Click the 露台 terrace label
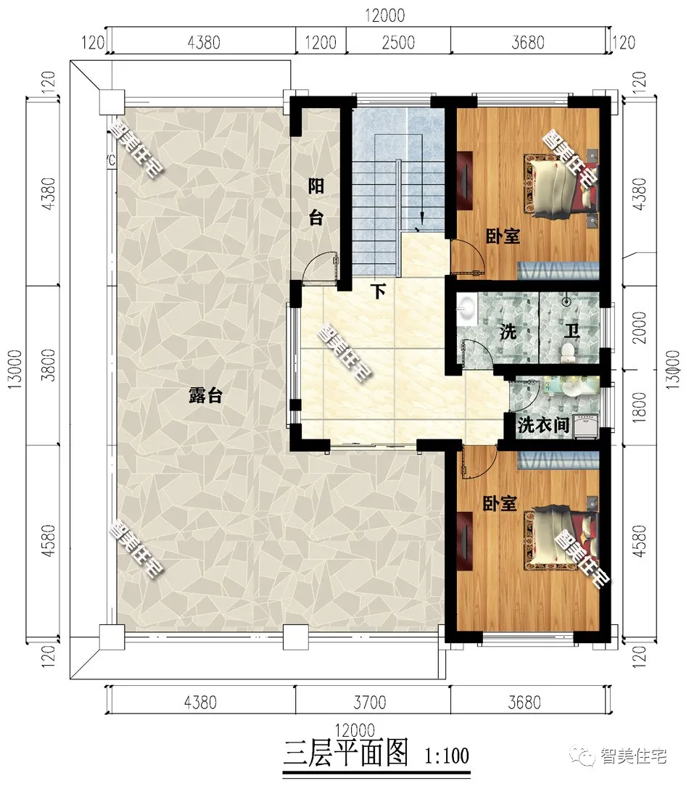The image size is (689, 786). (x=205, y=395)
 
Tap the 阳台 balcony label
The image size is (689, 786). (x=315, y=202)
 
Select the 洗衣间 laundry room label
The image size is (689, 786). (x=543, y=426)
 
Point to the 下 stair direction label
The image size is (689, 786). (x=379, y=291)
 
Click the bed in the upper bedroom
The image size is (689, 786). (x=560, y=187)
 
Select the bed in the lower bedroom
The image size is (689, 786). (x=560, y=538)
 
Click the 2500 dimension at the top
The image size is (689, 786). (x=398, y=42)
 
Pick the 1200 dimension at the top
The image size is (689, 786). (x=321, y=42)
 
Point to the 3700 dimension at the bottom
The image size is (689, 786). (x=370, y=703)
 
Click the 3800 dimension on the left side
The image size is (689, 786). (x=49, y=365)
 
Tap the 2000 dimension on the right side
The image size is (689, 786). (x=640, y=327)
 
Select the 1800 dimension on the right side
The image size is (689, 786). (x=640, y=407)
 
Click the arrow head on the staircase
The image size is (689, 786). (x=422, y=218)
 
